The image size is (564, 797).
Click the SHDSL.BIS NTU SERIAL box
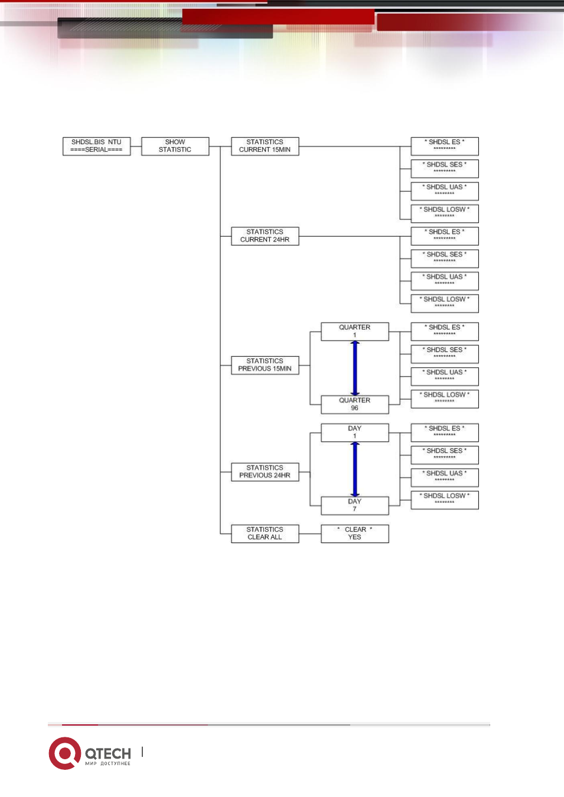click(96, 146)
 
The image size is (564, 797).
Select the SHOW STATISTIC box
click(175, 146)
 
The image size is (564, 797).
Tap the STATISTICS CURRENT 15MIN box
click(265, 146)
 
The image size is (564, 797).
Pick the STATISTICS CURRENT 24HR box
click(265, 236)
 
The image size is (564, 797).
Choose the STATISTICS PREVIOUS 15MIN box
click(265, 365)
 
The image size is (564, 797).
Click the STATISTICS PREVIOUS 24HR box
click(265, 472)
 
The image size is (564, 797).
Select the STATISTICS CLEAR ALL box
click(265, 534)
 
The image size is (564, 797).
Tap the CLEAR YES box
click(355, 534)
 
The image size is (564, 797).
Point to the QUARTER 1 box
click(355, 332)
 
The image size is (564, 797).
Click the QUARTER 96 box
click(355, 404)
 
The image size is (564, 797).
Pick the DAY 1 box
click(355, 433)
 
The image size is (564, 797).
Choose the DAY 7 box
click(355, 505)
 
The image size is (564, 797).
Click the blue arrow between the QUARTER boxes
click(355, 368)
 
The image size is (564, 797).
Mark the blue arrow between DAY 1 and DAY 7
click(355, 469)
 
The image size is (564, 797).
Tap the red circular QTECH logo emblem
click(65, 753)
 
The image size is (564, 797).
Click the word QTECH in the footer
click(108, 753)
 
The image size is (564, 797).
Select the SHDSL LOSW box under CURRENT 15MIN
click(445, 214)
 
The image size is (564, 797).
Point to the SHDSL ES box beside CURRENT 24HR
click(445, 236)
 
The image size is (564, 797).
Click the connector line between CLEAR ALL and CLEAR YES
click(310, 534)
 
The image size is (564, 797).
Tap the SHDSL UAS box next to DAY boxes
click(445, 478)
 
